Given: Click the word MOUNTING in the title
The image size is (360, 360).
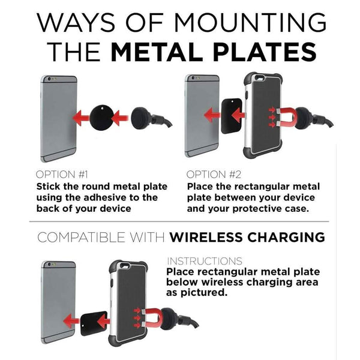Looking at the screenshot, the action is [250, 23].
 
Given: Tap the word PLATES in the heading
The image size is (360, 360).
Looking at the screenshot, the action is [265, 52].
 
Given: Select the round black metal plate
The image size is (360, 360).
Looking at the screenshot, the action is [101, 118].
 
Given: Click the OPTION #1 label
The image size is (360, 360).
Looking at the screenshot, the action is [62, 175].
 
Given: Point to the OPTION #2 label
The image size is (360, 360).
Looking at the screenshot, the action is [214, 175].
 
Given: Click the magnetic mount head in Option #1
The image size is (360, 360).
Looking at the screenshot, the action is [141, 118].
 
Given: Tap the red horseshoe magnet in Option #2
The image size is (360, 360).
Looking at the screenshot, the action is [287, 118].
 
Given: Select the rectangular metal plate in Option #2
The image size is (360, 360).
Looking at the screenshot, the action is [232, 116].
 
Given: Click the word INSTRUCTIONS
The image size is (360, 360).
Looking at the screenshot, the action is [205, 261].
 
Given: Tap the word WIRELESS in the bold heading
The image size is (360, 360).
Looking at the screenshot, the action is [206, 237].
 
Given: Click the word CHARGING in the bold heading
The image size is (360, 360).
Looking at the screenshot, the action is [286, 237].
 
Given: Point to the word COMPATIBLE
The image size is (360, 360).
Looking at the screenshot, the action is [81, 237].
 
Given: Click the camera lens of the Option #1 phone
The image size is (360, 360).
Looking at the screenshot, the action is [49, 79].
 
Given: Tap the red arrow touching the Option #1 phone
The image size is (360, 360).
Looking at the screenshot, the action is [81, 118].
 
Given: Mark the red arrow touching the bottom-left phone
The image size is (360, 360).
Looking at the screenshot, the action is [71, 321].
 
